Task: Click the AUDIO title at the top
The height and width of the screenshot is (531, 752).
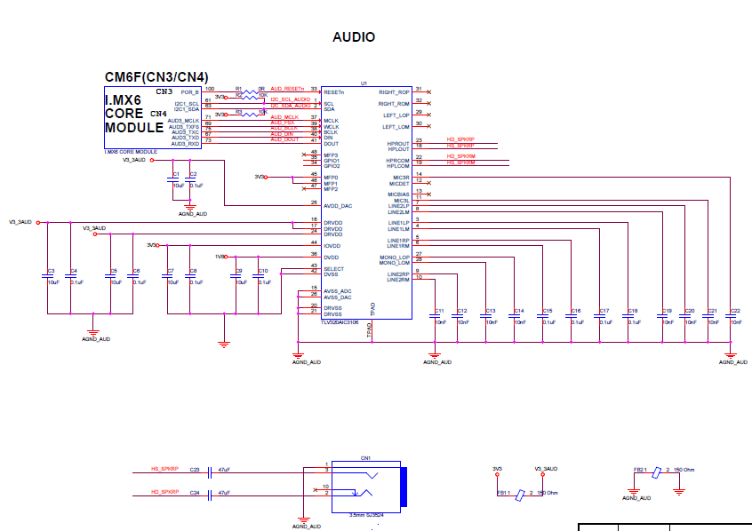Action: pos(353,37)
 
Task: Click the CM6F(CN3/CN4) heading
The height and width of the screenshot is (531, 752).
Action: pos(156,77)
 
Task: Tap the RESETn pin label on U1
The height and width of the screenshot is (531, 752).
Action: pos(333,91)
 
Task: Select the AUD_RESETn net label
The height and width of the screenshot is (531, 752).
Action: pos(287,89)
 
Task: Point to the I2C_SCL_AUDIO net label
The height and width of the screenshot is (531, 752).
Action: pos(290,99)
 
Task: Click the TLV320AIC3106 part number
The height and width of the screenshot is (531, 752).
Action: pos(340,322)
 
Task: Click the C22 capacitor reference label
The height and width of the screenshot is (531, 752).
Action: pos(735,311)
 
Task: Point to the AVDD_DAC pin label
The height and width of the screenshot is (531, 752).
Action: pos(338,206)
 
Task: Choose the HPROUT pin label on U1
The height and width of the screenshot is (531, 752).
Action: pos(398,143)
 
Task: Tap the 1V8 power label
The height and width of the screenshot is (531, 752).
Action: pos(220,257)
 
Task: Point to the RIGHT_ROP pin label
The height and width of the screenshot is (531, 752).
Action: pos(394,91)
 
